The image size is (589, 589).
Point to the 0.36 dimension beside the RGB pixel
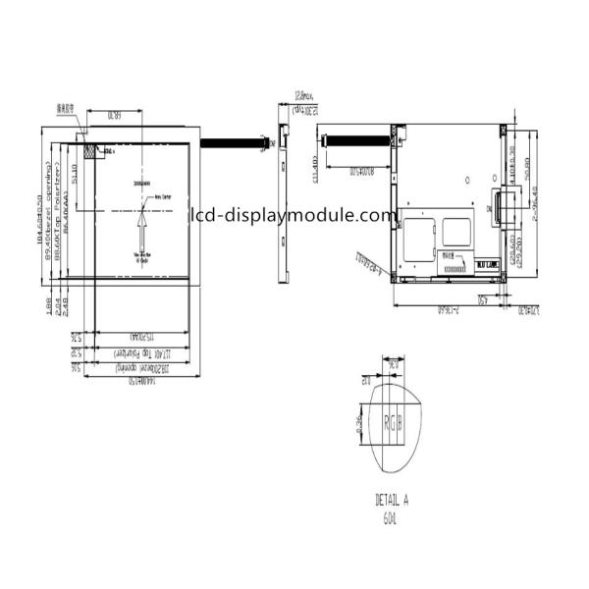pyautogui.click(x=361, y=425)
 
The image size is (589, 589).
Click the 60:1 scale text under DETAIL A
pyautogui.click(x=392, y=515)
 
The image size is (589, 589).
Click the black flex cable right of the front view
pyautogui.click(x=236, y=143)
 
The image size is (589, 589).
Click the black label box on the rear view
pyautogui.click(x=486, y=265)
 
